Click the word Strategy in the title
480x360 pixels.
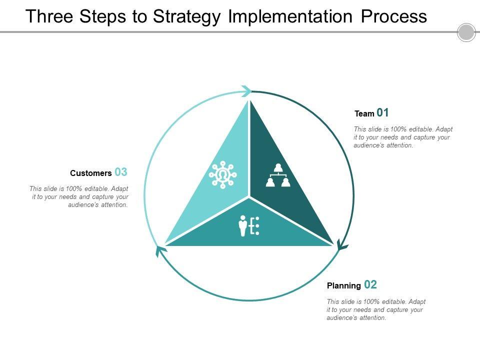(x=187, y=16)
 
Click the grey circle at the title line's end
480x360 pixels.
(x=466, y=32)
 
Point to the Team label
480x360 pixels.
(x=364, y=114)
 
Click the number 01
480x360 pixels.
(x=382, y=112)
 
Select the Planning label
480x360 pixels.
(x=344, y=286)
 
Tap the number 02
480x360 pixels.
(x=370, y=285)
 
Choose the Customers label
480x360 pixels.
(x=91, y=173)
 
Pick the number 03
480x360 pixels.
(x=121, y=172)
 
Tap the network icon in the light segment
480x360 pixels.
(x=223, y=175)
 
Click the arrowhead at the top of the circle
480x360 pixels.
(x=246, y=91)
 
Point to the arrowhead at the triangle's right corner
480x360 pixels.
(x=342, y=245)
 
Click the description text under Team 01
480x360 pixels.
(x=403, y=137)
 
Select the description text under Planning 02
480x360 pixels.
(x=376, y=309)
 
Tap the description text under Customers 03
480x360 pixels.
(x=79, y=196)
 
